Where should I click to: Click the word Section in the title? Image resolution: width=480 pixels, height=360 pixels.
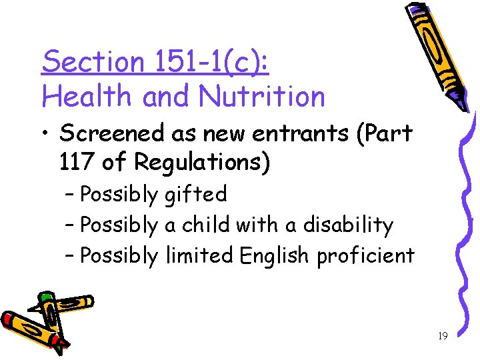93,62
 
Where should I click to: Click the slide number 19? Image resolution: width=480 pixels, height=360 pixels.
443,336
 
